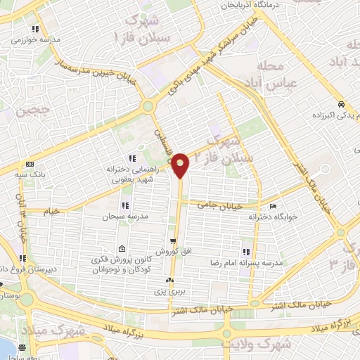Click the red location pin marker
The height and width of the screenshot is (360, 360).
pyautogui.click(x=181, y=166)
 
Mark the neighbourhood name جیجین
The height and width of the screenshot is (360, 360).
pyautogui.click(x=16, y=110)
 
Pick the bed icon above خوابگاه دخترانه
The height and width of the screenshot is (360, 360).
pyautogui.click(x=272, y=207)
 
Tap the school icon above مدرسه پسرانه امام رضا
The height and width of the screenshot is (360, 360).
pyautogui.click(x=247, y=251)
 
